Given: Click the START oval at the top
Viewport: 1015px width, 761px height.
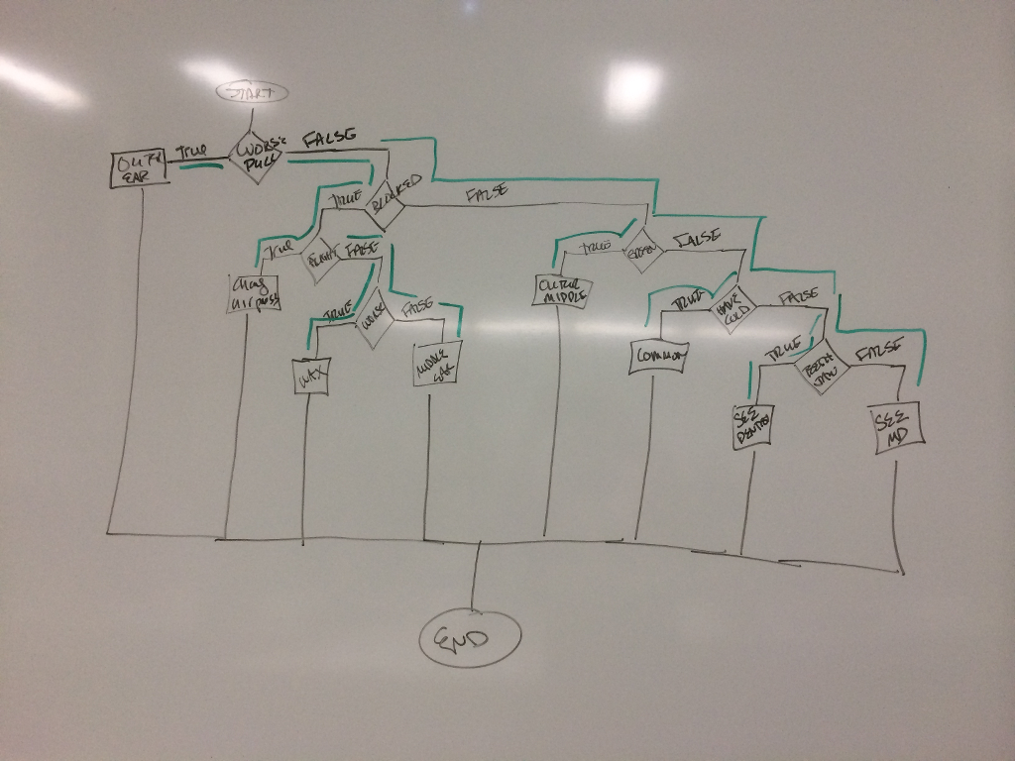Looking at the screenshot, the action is [252, 93].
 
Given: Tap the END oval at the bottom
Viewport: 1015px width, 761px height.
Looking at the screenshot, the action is [470, 638].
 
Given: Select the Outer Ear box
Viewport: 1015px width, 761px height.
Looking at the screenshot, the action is [138, 169].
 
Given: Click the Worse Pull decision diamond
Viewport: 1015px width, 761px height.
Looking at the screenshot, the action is [258, 157].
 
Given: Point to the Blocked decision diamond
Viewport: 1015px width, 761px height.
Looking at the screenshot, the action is [395, 193].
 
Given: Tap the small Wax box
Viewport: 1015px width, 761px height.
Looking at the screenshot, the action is [311, 377].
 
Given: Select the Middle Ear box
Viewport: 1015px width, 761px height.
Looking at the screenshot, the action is [433, 364].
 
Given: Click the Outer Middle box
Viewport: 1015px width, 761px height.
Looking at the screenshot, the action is [562, 289].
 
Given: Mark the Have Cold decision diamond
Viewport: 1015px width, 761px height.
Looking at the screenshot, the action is [734, 309].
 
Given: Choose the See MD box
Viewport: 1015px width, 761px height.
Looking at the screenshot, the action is [899, 427].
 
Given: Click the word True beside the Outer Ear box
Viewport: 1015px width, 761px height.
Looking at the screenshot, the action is [191, 153].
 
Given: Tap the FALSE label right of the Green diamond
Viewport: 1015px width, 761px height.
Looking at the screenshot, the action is [696, 239].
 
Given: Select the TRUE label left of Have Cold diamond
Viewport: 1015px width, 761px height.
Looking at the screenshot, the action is [688, 299].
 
